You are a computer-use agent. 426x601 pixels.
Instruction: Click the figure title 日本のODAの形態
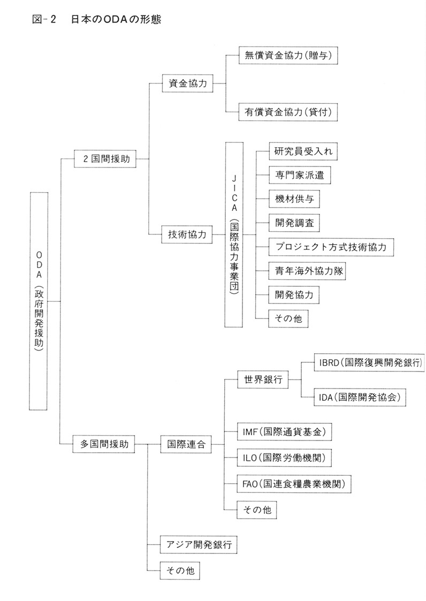pos(116,19)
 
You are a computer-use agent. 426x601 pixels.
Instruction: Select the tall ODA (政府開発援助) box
pos(39,301)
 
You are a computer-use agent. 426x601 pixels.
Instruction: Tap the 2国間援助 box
pos(105,158)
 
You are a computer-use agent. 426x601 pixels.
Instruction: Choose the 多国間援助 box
pos(104,444)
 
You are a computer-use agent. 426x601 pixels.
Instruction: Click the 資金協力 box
pos(187,83)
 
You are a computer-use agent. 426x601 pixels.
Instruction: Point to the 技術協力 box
pos(187,234)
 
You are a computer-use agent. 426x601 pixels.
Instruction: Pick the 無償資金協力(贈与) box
pos(288,56)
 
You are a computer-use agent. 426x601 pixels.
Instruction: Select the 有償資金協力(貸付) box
pos(288,112)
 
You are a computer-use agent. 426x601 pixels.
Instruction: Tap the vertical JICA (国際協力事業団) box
pos(234,234)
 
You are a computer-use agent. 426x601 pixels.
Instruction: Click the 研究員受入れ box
pos(303,151)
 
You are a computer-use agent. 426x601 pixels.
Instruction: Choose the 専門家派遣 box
pos(300,175)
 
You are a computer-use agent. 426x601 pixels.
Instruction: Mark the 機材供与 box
pos(294,199)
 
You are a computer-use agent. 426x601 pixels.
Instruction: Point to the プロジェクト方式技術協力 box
pos(331,247)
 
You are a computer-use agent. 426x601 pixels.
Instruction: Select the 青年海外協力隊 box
pos(307,271)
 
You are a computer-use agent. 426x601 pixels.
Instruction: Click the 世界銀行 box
pos(263,379)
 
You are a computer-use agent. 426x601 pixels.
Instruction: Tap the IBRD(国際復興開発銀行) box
pos(370,363)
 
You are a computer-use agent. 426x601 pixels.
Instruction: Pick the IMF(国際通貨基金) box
pos(284,432)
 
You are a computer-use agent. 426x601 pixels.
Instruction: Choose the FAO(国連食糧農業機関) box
pos(294,484)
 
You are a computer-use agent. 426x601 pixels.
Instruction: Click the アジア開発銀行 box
pos(199,544)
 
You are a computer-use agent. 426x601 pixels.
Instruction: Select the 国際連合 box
pos(186,444)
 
